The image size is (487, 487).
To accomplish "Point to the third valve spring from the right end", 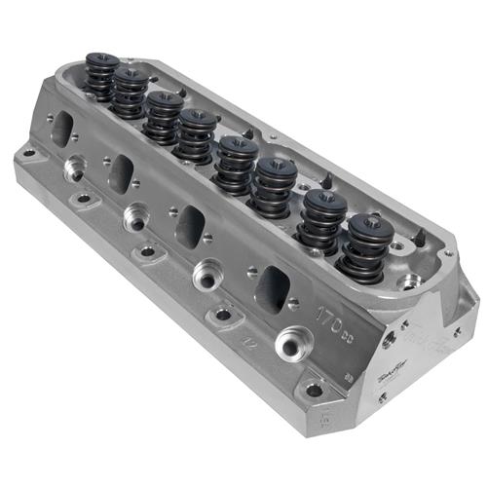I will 275,185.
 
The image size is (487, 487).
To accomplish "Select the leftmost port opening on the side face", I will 59,128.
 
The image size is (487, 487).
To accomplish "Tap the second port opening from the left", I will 123,172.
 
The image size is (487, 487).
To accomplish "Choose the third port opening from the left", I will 191,225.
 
